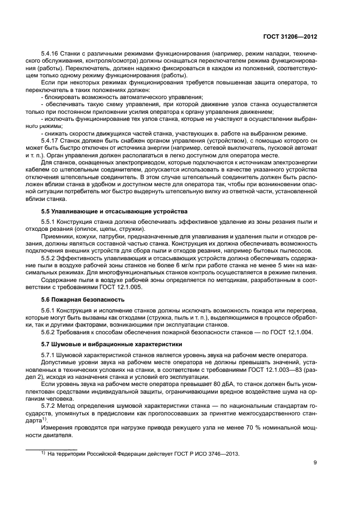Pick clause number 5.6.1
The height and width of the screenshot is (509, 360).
coord(49,310)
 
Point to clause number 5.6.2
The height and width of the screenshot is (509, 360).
coord(49,333)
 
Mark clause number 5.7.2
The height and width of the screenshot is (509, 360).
coord(49,406)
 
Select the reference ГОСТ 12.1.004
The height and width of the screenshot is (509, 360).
coord(292,333)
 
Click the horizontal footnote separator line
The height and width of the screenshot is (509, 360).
coord(52,449)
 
